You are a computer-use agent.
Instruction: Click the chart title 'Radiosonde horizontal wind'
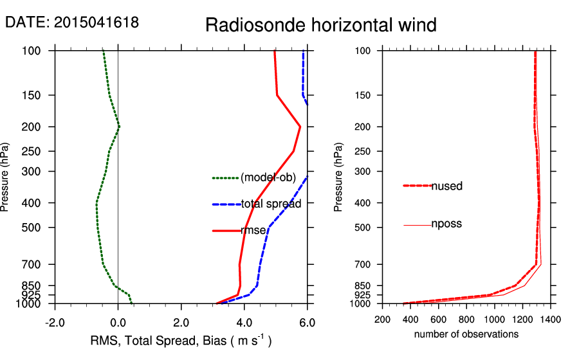pos(320,25)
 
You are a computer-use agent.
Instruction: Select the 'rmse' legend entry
pos(252,230)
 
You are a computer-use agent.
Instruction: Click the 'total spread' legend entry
pos(270,204)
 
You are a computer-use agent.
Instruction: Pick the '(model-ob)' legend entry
pos(268,178)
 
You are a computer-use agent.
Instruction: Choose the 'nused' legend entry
pos(446,186)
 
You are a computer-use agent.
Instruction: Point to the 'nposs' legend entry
pos(446,224)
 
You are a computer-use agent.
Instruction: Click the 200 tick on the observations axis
pos(383,319)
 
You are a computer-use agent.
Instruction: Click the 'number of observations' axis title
pos(466,334)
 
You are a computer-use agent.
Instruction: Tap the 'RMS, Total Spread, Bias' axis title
pos(181,340)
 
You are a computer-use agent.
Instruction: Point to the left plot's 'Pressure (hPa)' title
pos(6,177)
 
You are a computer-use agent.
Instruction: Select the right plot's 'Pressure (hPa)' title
pos(338,177)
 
